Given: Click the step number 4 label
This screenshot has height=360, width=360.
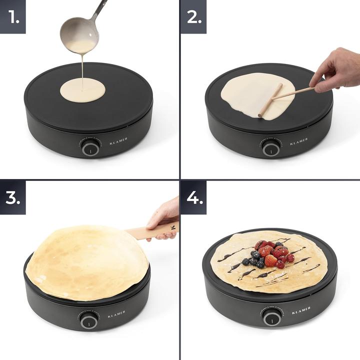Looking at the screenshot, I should (x=193, y=197).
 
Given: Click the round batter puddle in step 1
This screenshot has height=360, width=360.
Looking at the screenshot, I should (x=83, y=91).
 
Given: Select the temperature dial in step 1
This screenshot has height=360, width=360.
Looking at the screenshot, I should (x=90, y=148).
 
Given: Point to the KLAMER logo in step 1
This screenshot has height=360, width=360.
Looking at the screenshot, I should (x=118, y=139).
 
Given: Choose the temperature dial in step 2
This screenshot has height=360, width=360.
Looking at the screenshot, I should (x=270, y=148).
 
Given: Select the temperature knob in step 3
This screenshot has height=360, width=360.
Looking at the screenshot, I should (x=88, y=320).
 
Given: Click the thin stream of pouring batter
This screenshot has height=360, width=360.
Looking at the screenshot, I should (x=82, y=67).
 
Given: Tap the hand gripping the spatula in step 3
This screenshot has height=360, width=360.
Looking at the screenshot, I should (x=165, y=215).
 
